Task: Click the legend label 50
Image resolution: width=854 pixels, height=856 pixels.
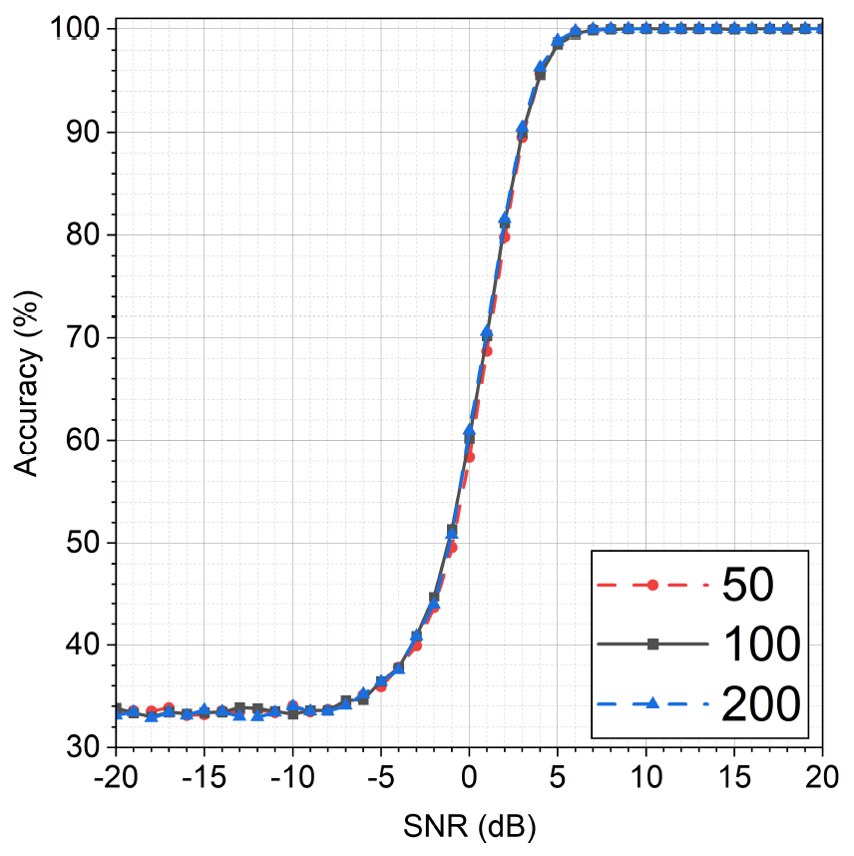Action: coord(747,586)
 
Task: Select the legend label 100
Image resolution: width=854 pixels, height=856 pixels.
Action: coord(761,645)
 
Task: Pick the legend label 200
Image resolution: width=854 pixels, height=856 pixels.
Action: coord(761,704)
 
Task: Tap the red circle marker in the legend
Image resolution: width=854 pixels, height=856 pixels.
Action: coord(653,586)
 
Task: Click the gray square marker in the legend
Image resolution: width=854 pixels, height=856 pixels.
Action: coord(653,645)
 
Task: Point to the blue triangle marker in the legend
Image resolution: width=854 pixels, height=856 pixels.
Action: coord(653,704)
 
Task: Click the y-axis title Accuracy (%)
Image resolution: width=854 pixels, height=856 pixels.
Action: coord(27,389)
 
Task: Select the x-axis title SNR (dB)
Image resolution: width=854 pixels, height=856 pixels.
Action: coord(469,824)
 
